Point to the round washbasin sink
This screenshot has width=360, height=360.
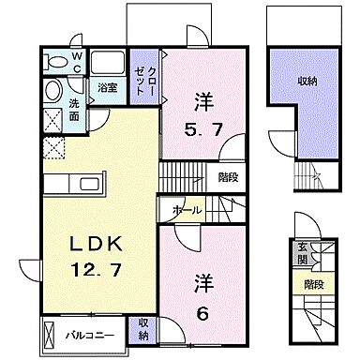point(52,92)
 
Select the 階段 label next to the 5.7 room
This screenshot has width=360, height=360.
point(227,174)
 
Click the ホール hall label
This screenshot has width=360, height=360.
point(186,210)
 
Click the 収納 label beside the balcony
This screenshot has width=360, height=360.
point(143,329)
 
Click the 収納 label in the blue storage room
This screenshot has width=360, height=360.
point(307,82)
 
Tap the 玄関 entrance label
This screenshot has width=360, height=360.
point(303,251)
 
